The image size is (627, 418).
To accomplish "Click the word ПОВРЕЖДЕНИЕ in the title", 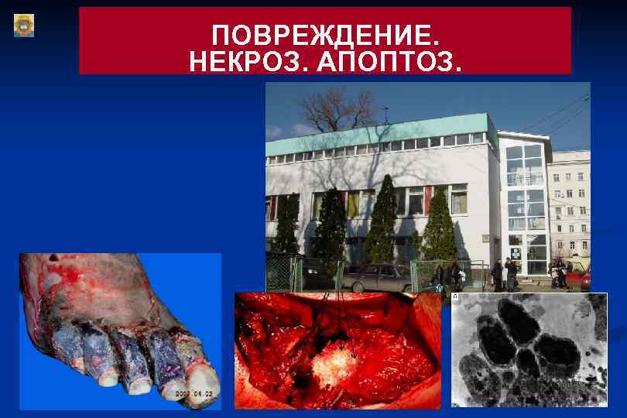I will click(x=324, y=36).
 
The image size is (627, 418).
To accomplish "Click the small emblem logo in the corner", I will click(x=24, y=26).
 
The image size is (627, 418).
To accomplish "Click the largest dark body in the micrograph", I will click(x=519, y=321).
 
